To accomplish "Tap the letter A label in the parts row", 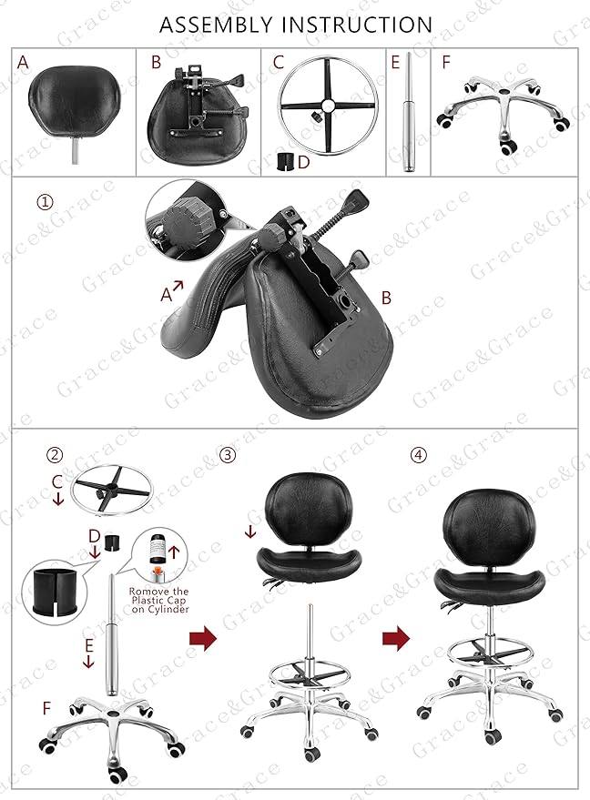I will [23, 62].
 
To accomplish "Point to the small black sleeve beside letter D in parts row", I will [287, 161].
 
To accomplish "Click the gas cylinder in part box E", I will [408, 114].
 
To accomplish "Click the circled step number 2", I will [56, 455].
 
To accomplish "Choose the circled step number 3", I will [228, 454].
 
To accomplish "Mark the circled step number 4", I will [418, 454].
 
